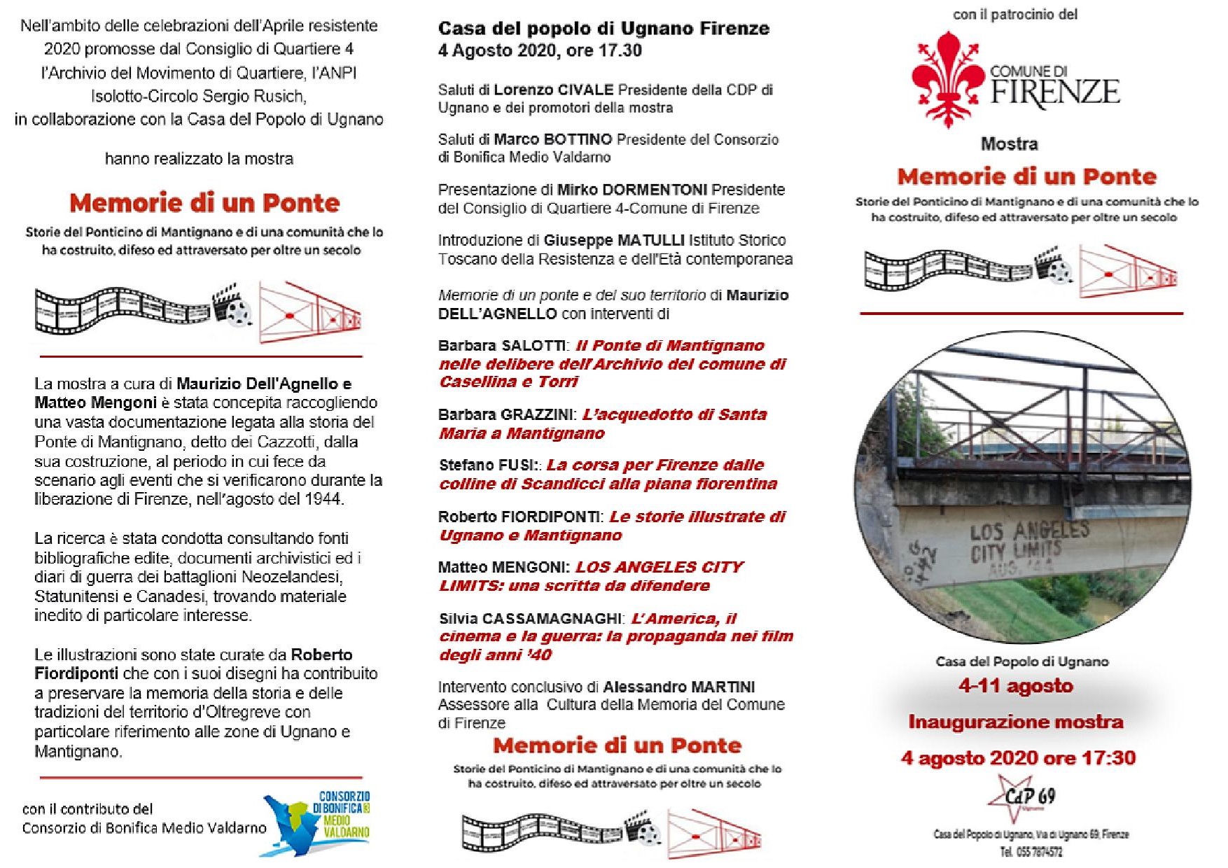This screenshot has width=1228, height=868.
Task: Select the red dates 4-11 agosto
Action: [x=1015, y=686]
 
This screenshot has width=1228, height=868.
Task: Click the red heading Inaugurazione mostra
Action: [x=1016, y=722]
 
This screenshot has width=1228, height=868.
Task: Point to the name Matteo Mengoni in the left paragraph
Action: [x=95, y=402]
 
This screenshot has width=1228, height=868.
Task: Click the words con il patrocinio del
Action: [x=1015, y=14]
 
